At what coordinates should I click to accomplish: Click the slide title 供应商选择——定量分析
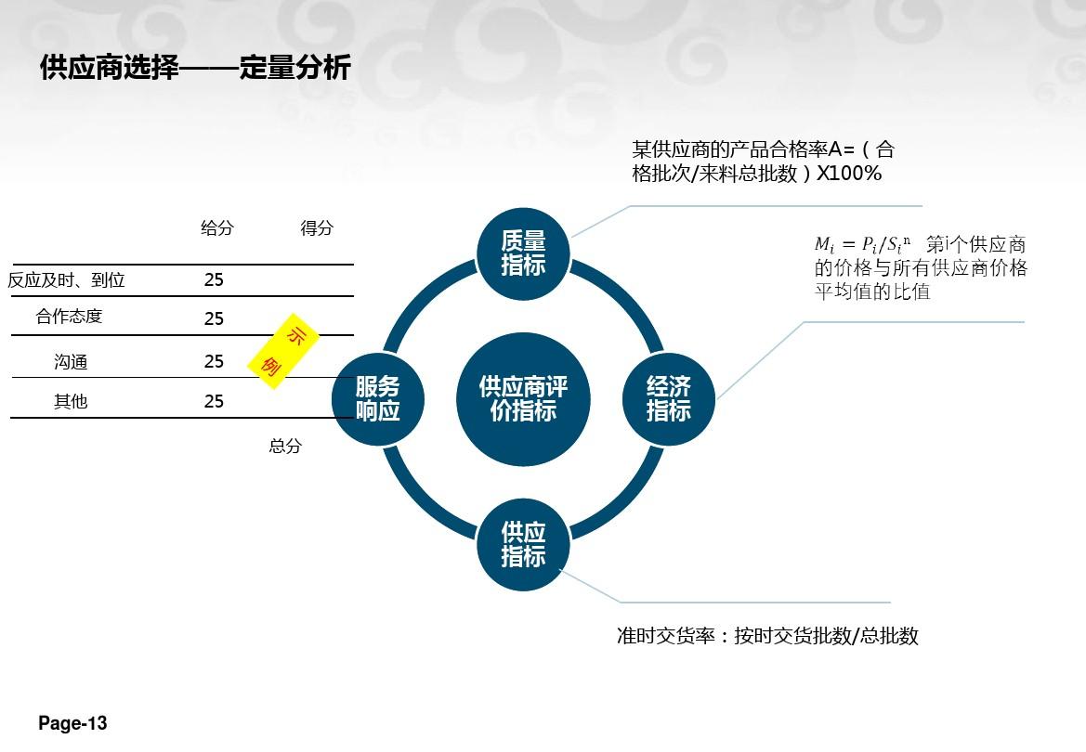(195, 68)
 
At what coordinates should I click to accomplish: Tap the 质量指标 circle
(523, 253)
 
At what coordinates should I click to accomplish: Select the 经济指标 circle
(668, 399)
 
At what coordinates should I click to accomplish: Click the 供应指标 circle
(523, 544)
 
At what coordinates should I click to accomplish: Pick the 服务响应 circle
(377, 399)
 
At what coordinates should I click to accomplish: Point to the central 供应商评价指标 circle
(523, 399)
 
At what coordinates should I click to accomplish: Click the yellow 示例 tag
(284, 351)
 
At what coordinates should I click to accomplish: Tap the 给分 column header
(217, 227)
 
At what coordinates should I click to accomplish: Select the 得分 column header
(317, 227)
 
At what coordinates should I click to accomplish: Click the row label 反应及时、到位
(67, 279)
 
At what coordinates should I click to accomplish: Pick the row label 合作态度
(70, 317)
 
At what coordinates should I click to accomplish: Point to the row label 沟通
(71, 361)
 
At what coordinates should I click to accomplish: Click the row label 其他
(71, 401)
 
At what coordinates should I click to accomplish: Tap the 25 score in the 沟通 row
(214, 361)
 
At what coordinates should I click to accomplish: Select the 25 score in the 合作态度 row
(214, 318)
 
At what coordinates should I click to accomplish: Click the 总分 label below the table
(285, 446)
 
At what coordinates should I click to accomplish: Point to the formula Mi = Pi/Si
(862, 244)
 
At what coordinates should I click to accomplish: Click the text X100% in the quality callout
(849, 173)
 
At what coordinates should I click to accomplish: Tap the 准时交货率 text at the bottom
(665, 636)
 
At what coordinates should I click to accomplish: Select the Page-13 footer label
(72, 723)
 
